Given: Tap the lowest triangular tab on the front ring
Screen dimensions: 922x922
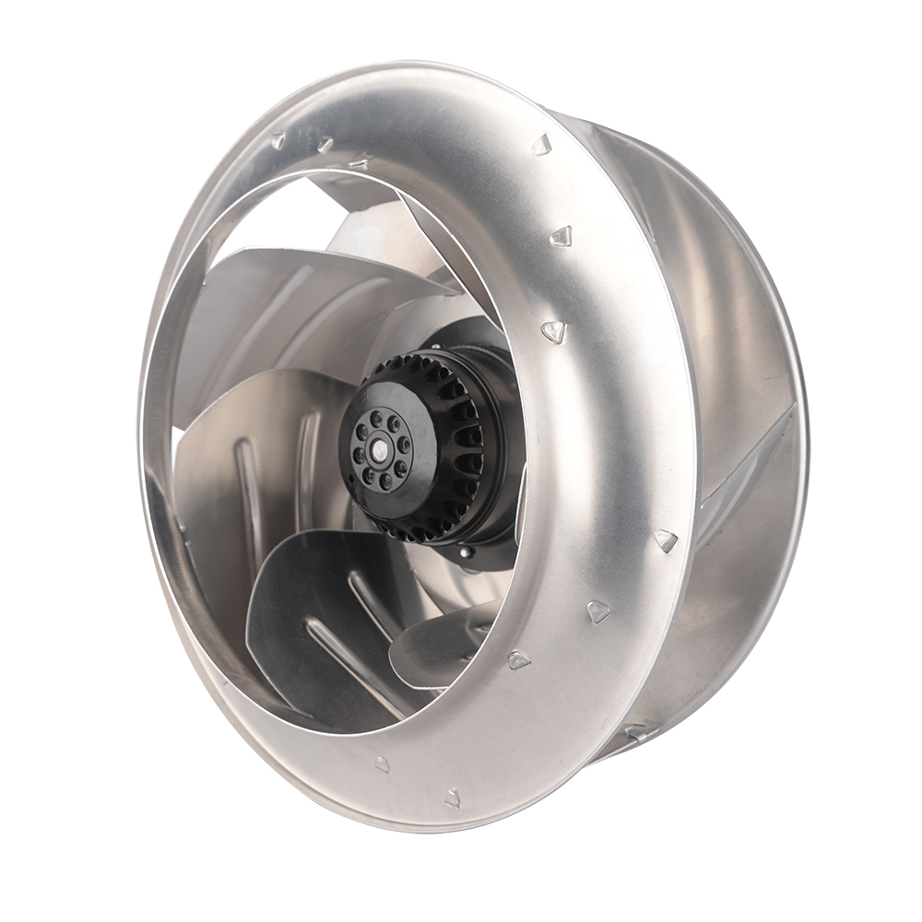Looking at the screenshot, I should (x=453, y=797).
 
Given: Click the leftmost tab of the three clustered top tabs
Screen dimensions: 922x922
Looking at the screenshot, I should (x=278, y=141).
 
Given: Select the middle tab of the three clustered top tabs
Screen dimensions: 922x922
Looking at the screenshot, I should (x=324, y=145).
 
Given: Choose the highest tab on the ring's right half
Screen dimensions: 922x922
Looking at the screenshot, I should (x=541, y=144).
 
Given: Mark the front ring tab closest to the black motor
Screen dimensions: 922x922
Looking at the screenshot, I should (x=552, y=331).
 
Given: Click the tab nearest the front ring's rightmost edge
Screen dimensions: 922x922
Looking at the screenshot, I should (x=665, y=540).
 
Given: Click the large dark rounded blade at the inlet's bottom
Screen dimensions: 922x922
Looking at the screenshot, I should (x=295, y=609).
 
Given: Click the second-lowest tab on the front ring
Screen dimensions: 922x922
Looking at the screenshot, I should (x=381, y=763).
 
